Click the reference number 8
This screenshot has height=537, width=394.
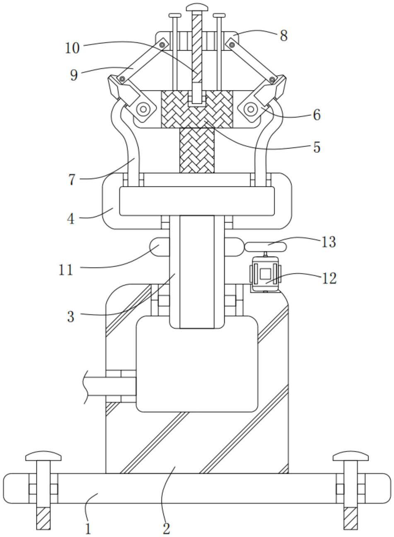click(x=284, y=36)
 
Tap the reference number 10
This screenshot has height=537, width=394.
click(x=72, y=48)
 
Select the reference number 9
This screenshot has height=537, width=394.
click(x=74, y=75)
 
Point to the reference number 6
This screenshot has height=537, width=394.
click(x=317, y=115)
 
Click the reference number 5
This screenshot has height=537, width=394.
click(x=317, y=147)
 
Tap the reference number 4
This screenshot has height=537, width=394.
click(x=71, y=219)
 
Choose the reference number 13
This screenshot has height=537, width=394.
click(x=329, y=242)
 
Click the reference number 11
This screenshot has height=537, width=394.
click(x=65, y=270)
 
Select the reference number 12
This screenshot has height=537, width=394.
click(x=329, y=278)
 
